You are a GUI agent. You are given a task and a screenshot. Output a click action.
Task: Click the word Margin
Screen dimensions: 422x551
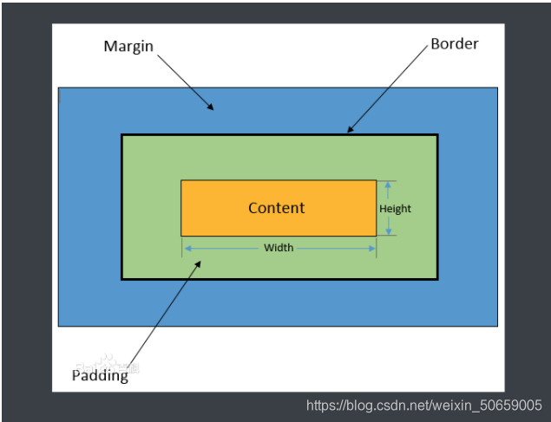[128, 45]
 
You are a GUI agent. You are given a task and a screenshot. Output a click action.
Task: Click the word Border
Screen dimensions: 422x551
[455, 43]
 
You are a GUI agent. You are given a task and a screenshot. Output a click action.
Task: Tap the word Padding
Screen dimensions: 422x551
[100, 375]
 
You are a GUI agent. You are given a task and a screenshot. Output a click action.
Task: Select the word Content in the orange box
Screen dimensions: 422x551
[277, 208]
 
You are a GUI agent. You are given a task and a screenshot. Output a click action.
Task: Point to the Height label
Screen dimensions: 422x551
[396, 209]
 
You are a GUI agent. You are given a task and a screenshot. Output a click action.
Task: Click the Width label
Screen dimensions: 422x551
[279, 248]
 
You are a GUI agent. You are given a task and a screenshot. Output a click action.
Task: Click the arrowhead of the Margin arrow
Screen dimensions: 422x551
[211, 108]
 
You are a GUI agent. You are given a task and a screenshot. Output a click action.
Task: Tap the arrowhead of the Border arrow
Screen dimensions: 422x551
[350, 131]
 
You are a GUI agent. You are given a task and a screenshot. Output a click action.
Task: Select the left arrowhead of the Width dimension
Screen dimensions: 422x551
[186, 248]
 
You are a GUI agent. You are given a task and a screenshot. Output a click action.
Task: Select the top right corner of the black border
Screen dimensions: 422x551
[437, 135]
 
